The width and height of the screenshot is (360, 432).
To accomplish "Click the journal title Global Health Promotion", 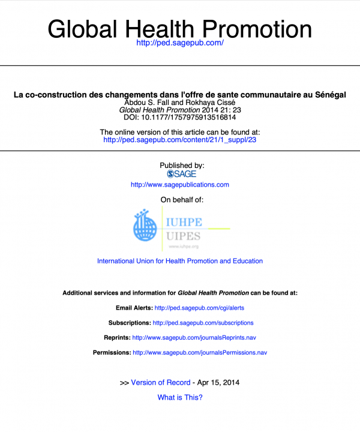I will click(179, 28).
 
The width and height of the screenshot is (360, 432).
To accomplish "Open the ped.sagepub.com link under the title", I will click(180, 43).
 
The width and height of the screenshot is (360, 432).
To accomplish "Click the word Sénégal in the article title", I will click(327, 95).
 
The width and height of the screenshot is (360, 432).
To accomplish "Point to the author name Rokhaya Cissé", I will click(217, 103).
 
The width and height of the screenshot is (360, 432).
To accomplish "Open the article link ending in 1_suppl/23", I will click(180, 140).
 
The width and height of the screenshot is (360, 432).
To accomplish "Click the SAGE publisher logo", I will click(182, 174).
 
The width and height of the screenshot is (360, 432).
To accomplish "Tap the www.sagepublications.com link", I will click(180, 185).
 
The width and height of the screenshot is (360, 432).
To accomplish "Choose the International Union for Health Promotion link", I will click(180, 261).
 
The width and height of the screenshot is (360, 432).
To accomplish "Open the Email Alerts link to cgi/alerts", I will click(199, 308).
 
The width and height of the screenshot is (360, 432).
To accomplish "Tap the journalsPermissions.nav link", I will click(200, 353).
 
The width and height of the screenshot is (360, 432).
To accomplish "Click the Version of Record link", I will click(161, 382).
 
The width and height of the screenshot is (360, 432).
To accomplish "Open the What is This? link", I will click(180, 397).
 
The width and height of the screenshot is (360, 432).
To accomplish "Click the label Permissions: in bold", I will click(112, 353).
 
